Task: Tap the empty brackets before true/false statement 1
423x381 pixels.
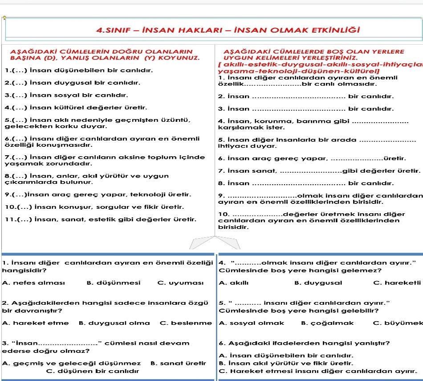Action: click(13, 70)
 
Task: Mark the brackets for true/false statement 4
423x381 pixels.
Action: click(13, 108)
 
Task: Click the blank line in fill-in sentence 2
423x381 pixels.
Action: click(299, 96)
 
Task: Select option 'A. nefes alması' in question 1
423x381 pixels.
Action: click(33, 282)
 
